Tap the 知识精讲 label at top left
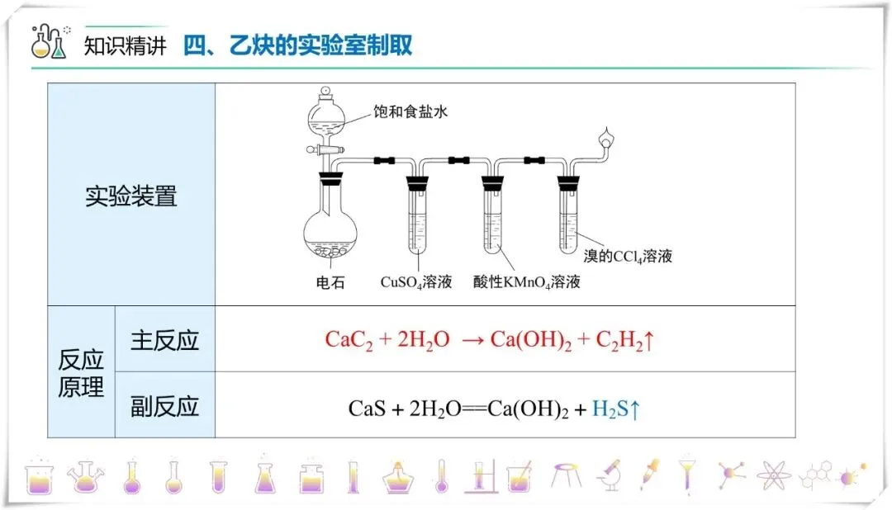point(126,45)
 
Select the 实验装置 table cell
point(131,196)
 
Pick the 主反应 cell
point(165,340)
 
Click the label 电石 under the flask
point(330,283)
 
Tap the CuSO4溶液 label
point(416,282)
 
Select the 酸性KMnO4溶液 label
point(527,282)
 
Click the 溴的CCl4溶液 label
point(629,256)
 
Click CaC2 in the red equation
point(350,340)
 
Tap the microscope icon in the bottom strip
point(609,476)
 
